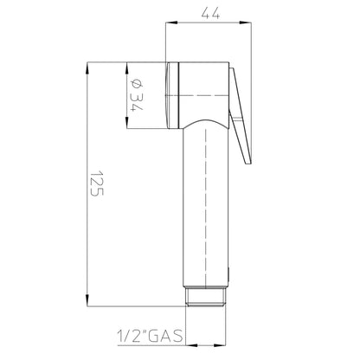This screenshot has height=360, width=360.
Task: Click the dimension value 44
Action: [210, 13]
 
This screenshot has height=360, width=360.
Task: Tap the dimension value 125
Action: [97, 183]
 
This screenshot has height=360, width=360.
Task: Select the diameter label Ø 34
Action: [137, 95]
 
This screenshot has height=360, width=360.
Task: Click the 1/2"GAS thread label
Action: [150, 336]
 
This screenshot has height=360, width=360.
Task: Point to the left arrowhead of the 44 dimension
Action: [171, 22]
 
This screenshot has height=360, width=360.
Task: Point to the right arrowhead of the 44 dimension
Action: [246, 22]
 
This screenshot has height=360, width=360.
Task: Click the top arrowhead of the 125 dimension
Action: [87, 68]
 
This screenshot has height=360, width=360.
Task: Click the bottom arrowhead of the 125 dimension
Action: [87, 300]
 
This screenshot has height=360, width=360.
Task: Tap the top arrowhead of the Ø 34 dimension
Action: [126, 68]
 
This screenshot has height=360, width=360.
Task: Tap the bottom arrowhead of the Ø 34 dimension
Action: [126, 123]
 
